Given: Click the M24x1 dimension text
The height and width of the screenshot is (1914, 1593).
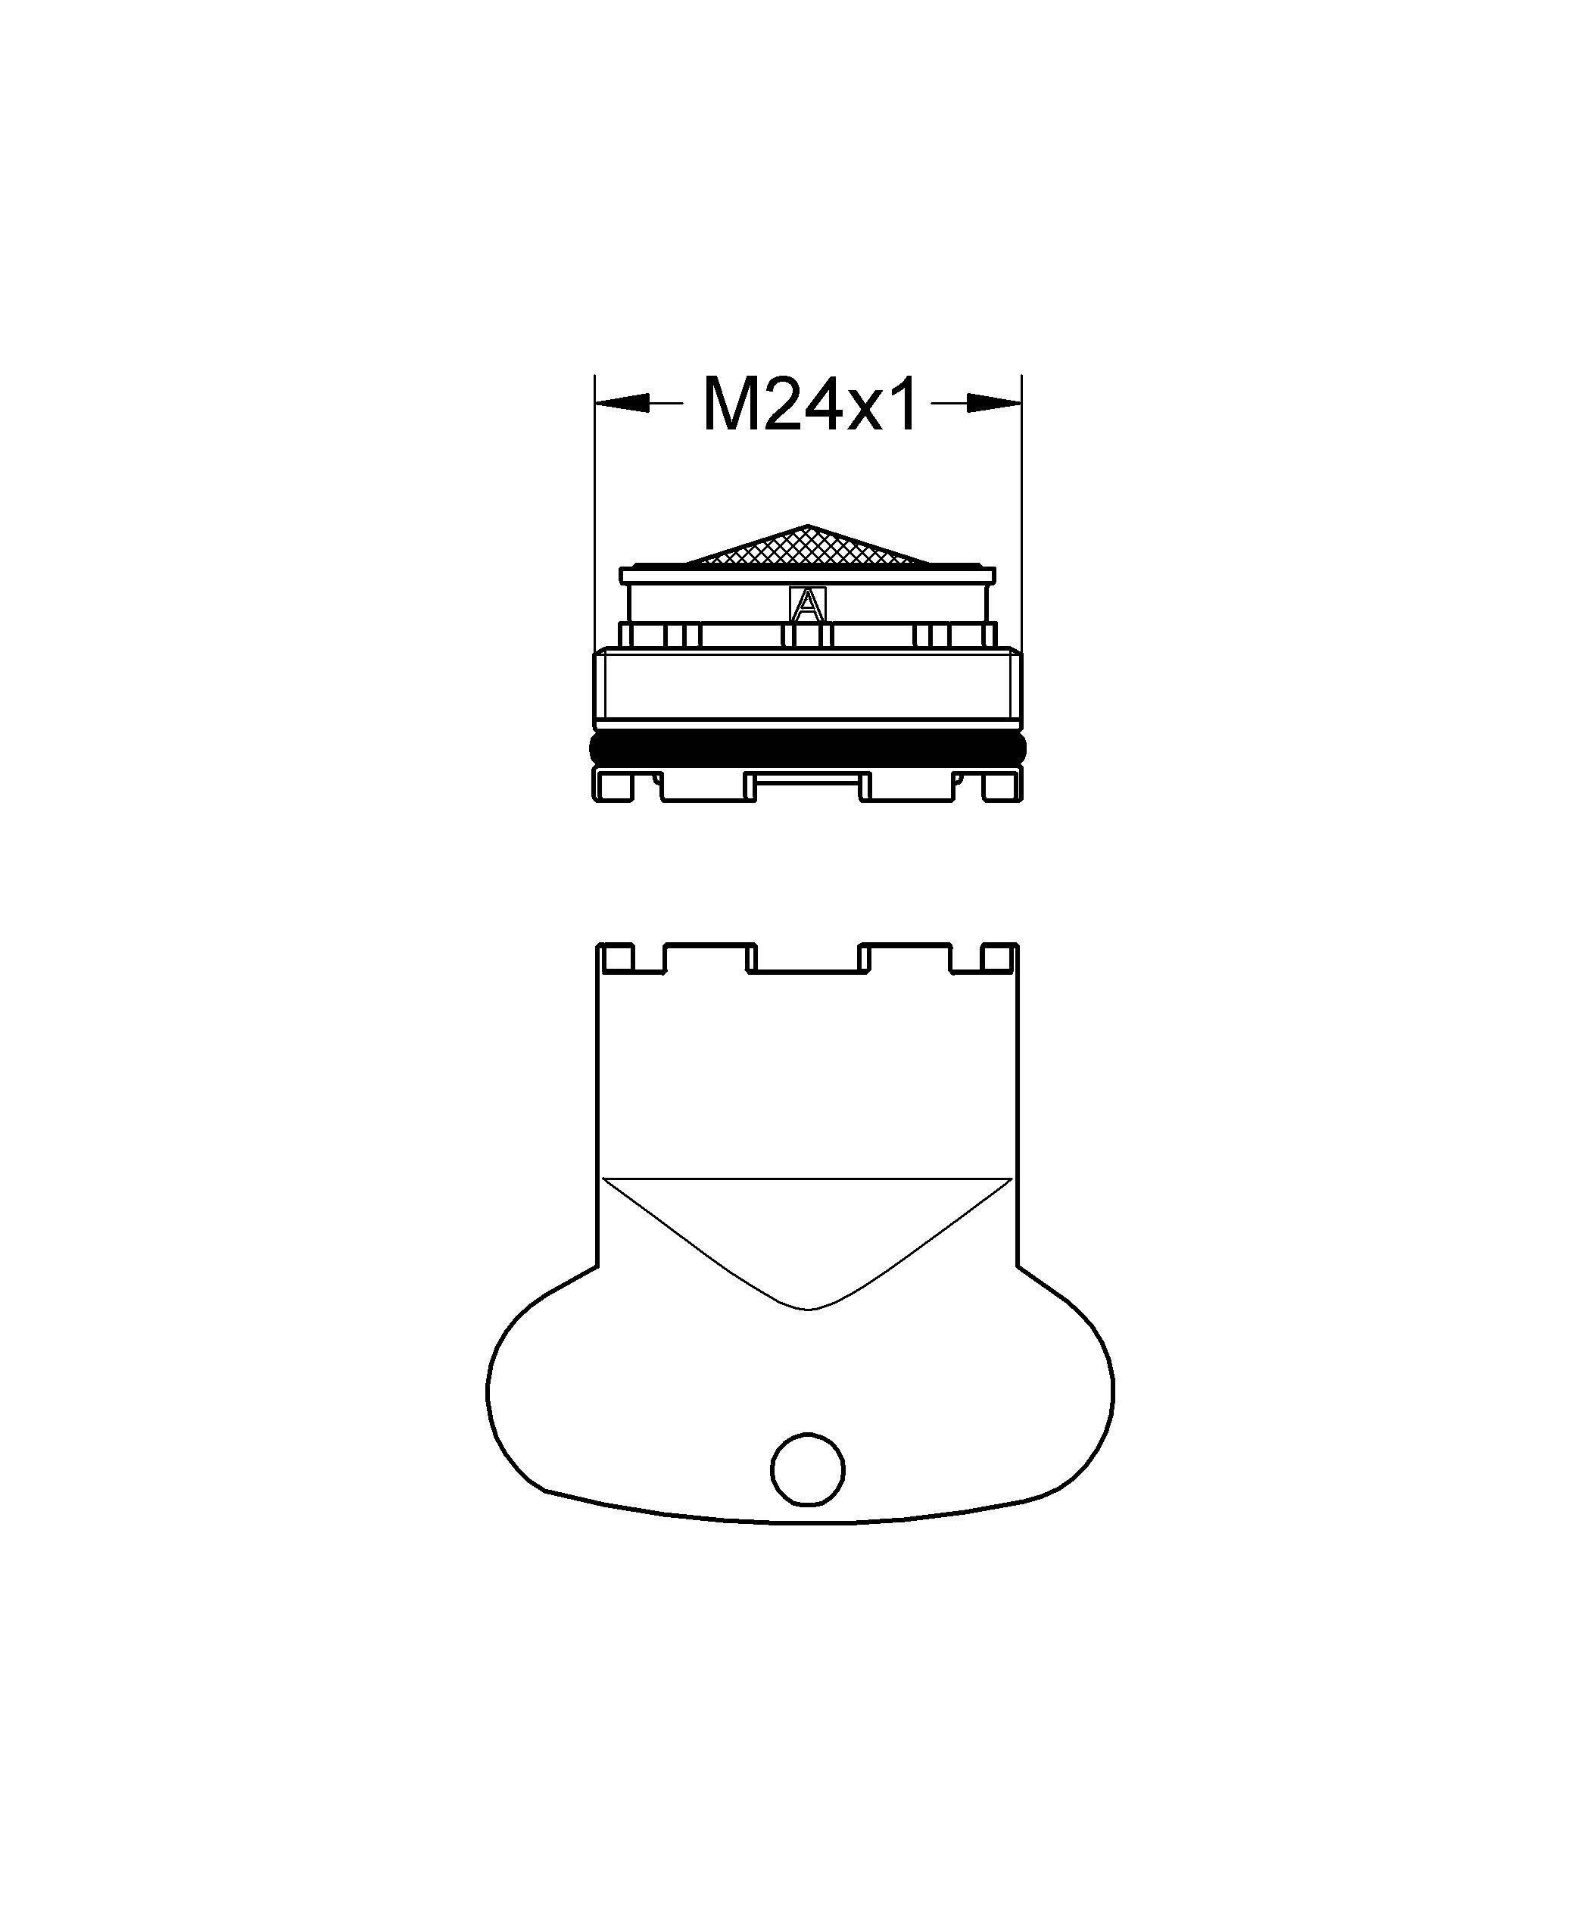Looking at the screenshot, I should coord(809,404).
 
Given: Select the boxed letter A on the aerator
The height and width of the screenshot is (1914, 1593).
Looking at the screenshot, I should coord(806,604).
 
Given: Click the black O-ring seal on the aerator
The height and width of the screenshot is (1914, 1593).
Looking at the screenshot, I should coord(806,748).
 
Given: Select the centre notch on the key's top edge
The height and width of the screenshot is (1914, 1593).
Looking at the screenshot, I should coord(807,957).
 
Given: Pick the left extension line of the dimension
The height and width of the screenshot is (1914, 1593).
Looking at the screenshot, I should coord(594,511).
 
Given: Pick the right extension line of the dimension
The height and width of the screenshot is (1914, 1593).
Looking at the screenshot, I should coord(1021,511).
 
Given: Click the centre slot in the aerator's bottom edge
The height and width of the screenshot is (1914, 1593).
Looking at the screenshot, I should coord(805,783).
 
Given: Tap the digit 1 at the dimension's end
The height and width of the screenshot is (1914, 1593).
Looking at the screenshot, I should coord(903,404).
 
